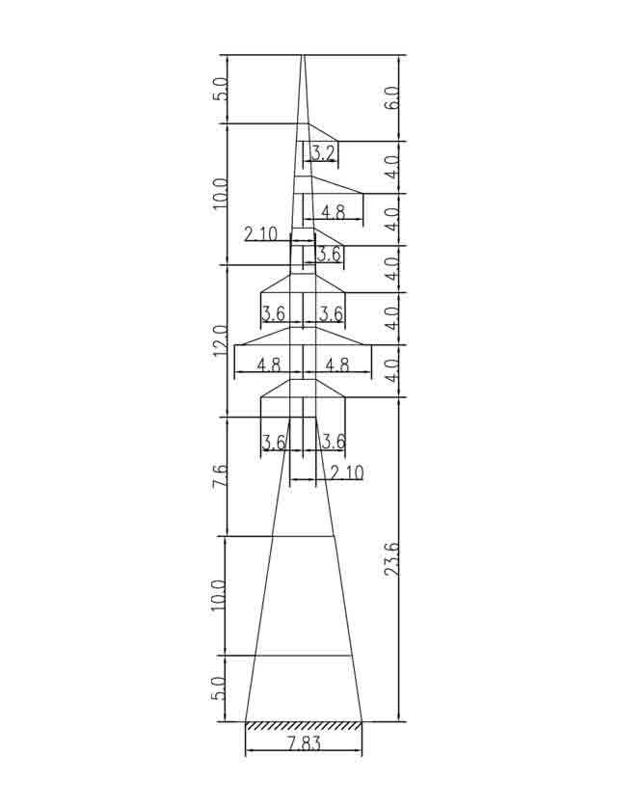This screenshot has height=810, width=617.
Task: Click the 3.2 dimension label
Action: click(324, 153)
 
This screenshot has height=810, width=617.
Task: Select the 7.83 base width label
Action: click(304, 743)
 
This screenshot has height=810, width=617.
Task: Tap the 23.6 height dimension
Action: click(391, 559)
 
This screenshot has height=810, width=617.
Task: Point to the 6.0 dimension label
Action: click(391, 97)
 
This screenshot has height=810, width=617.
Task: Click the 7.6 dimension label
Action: click(220, 475)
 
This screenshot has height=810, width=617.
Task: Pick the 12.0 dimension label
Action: click(220, 340)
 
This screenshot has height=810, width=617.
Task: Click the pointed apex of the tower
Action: click(303, 55)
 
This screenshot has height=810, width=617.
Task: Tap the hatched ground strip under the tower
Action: click(304, 726)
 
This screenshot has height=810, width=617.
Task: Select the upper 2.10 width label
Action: click(260, 234)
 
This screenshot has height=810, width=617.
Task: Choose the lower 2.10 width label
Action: click(347, 472)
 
